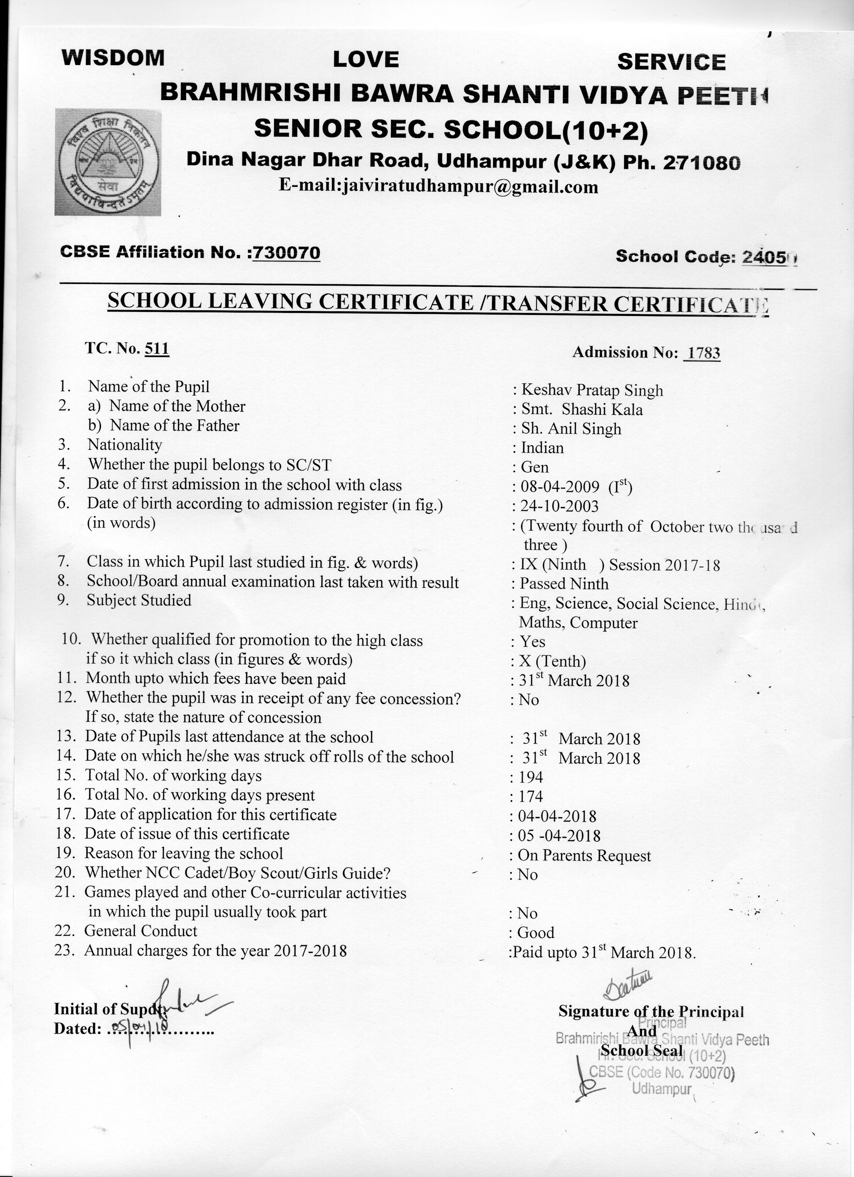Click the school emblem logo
click(108, 162)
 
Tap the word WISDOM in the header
click(113, 58)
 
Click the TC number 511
click(157, 348)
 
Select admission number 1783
click(702, 353)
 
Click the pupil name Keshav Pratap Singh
click(592, 390)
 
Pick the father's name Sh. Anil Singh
click(571, 429)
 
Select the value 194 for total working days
click(530, 777)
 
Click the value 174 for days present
click(530, 796)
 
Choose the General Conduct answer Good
click(536, 932)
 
